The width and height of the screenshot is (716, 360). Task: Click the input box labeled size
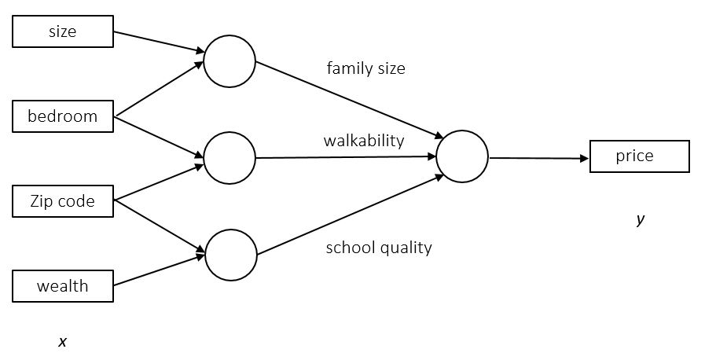click(63, 31)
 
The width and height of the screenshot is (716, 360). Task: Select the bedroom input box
click(63, 116)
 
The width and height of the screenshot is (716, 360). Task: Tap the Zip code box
click(63, 201)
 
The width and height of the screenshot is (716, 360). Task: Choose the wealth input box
click(63, 286)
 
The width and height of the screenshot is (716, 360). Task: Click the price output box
click(639, 156)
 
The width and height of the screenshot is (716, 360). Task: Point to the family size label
click(365, 68)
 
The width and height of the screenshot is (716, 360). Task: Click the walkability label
click(363, 141)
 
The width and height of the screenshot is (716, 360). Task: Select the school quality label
click(379, 248)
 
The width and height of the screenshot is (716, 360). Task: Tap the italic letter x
click(63, 341)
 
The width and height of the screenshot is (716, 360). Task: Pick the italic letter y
click(640, 220)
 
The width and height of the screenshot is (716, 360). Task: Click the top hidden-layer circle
click(229, 61)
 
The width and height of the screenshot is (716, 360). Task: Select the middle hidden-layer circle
click(229, 158)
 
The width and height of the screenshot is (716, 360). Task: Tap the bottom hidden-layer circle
click(230, 255)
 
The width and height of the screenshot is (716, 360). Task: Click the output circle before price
click(462, 156)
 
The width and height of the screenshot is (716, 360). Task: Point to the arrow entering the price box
click(539, 158)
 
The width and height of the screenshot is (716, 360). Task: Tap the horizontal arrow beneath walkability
click(346, 157)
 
